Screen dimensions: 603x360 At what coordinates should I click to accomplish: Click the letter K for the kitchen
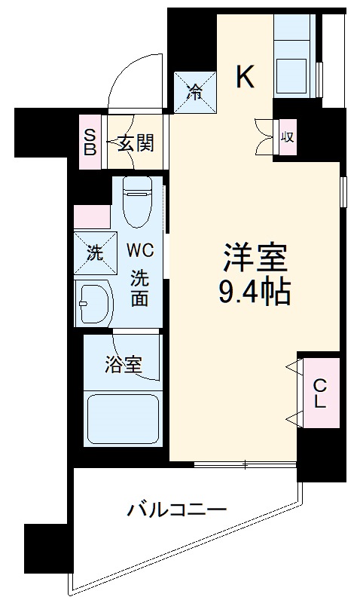(x=246, y=76)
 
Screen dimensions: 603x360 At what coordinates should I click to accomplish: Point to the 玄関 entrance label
(x=136, y=142)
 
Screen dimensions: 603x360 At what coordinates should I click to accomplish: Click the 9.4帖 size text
(x=254, y=292)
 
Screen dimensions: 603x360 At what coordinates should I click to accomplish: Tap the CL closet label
(x=319, y=393)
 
